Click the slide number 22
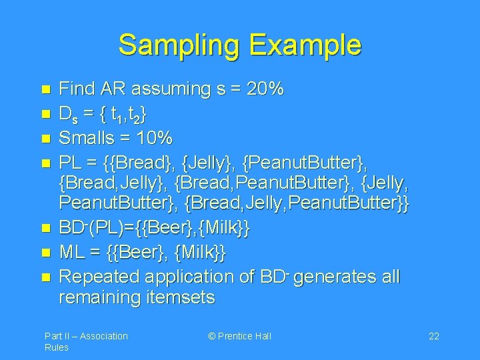[x=433, y=336]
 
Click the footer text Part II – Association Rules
[x=86, y=341]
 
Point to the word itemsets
[x=182, y=297]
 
